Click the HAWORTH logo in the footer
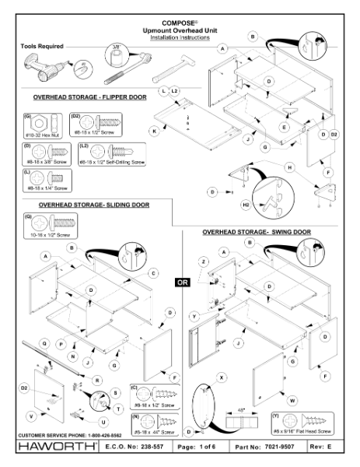51,448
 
